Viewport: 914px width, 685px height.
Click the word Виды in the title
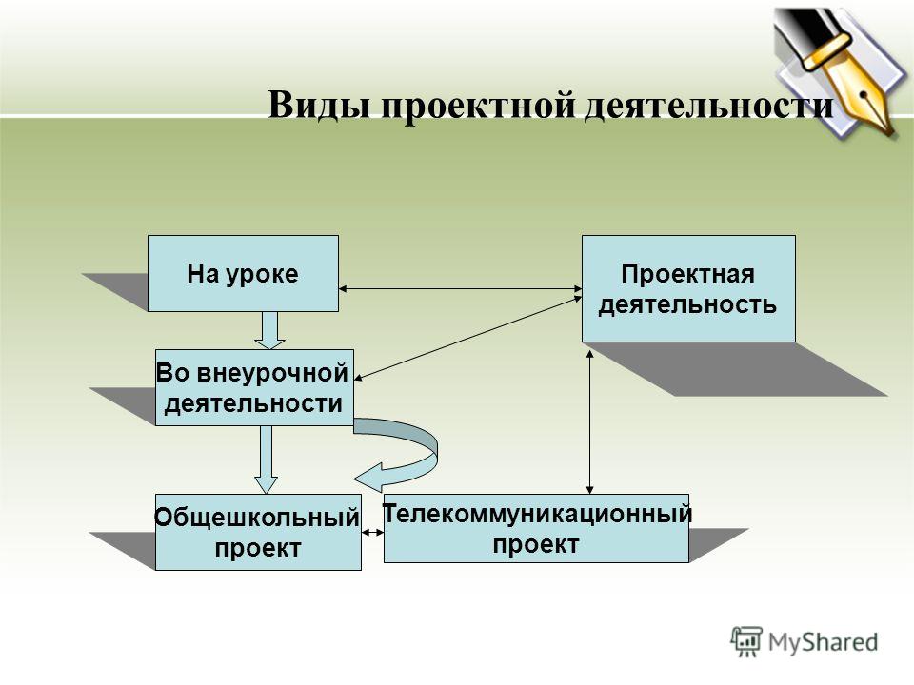(x=318, y=106)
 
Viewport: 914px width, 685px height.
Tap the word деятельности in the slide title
(x=708, y=106)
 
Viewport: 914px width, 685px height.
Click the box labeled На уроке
(x=243, y=273)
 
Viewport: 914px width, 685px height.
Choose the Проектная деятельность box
(x=688, y=288)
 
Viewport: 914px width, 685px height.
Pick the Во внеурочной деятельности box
(x=254, y=387)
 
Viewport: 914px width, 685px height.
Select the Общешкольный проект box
(x=258, y=532)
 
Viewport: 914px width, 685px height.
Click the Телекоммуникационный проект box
(x=536, y=528)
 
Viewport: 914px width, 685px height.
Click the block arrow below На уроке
(x=269, y=330)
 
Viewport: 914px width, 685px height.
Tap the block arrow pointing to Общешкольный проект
(x=266, y=460)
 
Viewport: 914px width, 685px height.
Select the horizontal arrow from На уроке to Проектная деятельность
(x=461, y=288)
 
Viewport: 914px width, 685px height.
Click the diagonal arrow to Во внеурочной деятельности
(x=468, y=339)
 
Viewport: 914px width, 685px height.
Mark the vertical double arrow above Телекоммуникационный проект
(x=590, y=421)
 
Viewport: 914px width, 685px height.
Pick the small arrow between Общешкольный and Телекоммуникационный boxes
(x=372, y=532)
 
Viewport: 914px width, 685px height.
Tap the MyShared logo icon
(x=746, y=641)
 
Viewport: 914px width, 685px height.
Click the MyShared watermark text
(x=823, y=642)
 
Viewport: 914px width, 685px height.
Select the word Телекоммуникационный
(x=537, y=514)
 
